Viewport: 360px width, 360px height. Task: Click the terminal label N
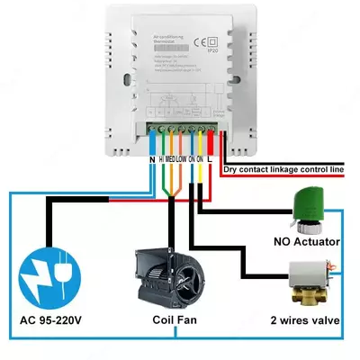click(x=151, y=159)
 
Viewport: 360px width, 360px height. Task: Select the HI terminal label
click(x=162, y=159)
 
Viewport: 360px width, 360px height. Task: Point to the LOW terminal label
click(x=182, y=159)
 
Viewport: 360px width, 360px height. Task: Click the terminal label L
click(x=211, y=159)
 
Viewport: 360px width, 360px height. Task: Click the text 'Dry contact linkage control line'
click(x=283, y=168)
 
